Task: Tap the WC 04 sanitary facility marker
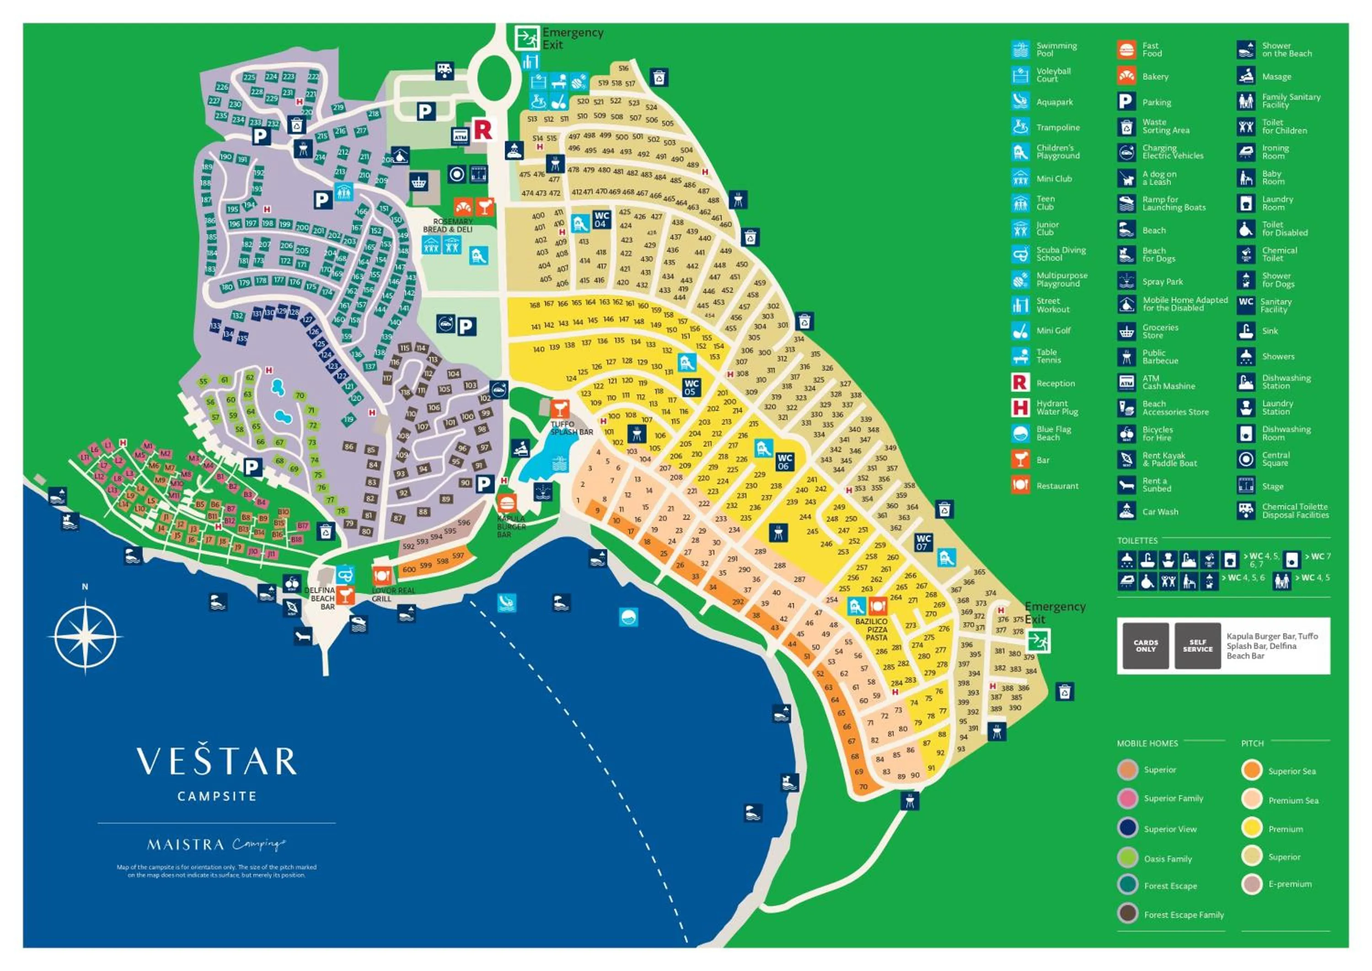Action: [x=601, y=220]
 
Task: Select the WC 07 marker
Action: [x=923, y=542]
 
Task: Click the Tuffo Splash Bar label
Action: [x=571, y=428]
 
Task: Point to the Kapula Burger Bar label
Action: [x=511, y=527]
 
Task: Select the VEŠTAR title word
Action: [x=216, y=761]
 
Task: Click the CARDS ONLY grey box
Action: [x=1146, y=646]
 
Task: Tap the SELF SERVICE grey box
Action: [x=1197, y=646]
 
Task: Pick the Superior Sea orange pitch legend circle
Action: [x=1251, y=770]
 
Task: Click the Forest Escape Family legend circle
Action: [x=1128, y=914]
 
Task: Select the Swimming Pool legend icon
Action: [x=1021, y=49]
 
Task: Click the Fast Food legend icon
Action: [x=1126, y=49]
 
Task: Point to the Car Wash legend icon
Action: [x=1126, y=511]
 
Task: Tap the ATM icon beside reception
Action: [x=460, y=136]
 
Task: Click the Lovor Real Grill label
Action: [x=392, y=594]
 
